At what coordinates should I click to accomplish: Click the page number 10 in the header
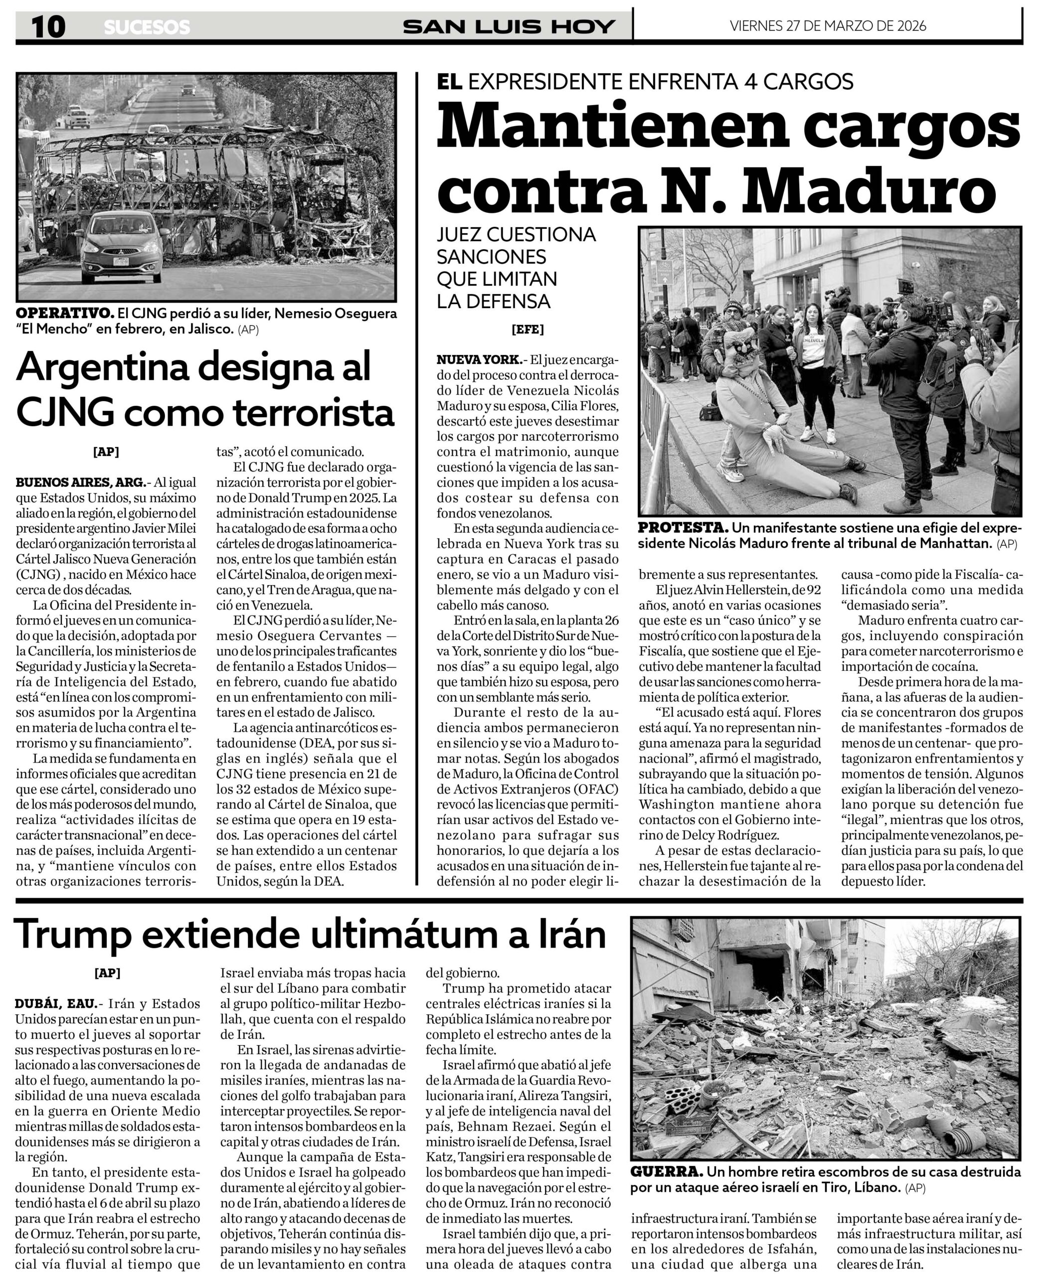tap(48, 27)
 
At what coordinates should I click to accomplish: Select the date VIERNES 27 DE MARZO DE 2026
tap(828, 25)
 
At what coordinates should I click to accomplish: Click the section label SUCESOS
tap(147, 27)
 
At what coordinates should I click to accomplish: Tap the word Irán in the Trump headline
tap(571, 934)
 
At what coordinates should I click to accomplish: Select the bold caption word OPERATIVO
tap(65, 314)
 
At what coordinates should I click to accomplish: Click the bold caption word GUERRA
tap(666, 1171)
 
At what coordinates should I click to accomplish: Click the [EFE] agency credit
tap(528, 330)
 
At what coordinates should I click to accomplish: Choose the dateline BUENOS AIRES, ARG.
tap(80, 483)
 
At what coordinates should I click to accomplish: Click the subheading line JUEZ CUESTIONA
tap(516, 235)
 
